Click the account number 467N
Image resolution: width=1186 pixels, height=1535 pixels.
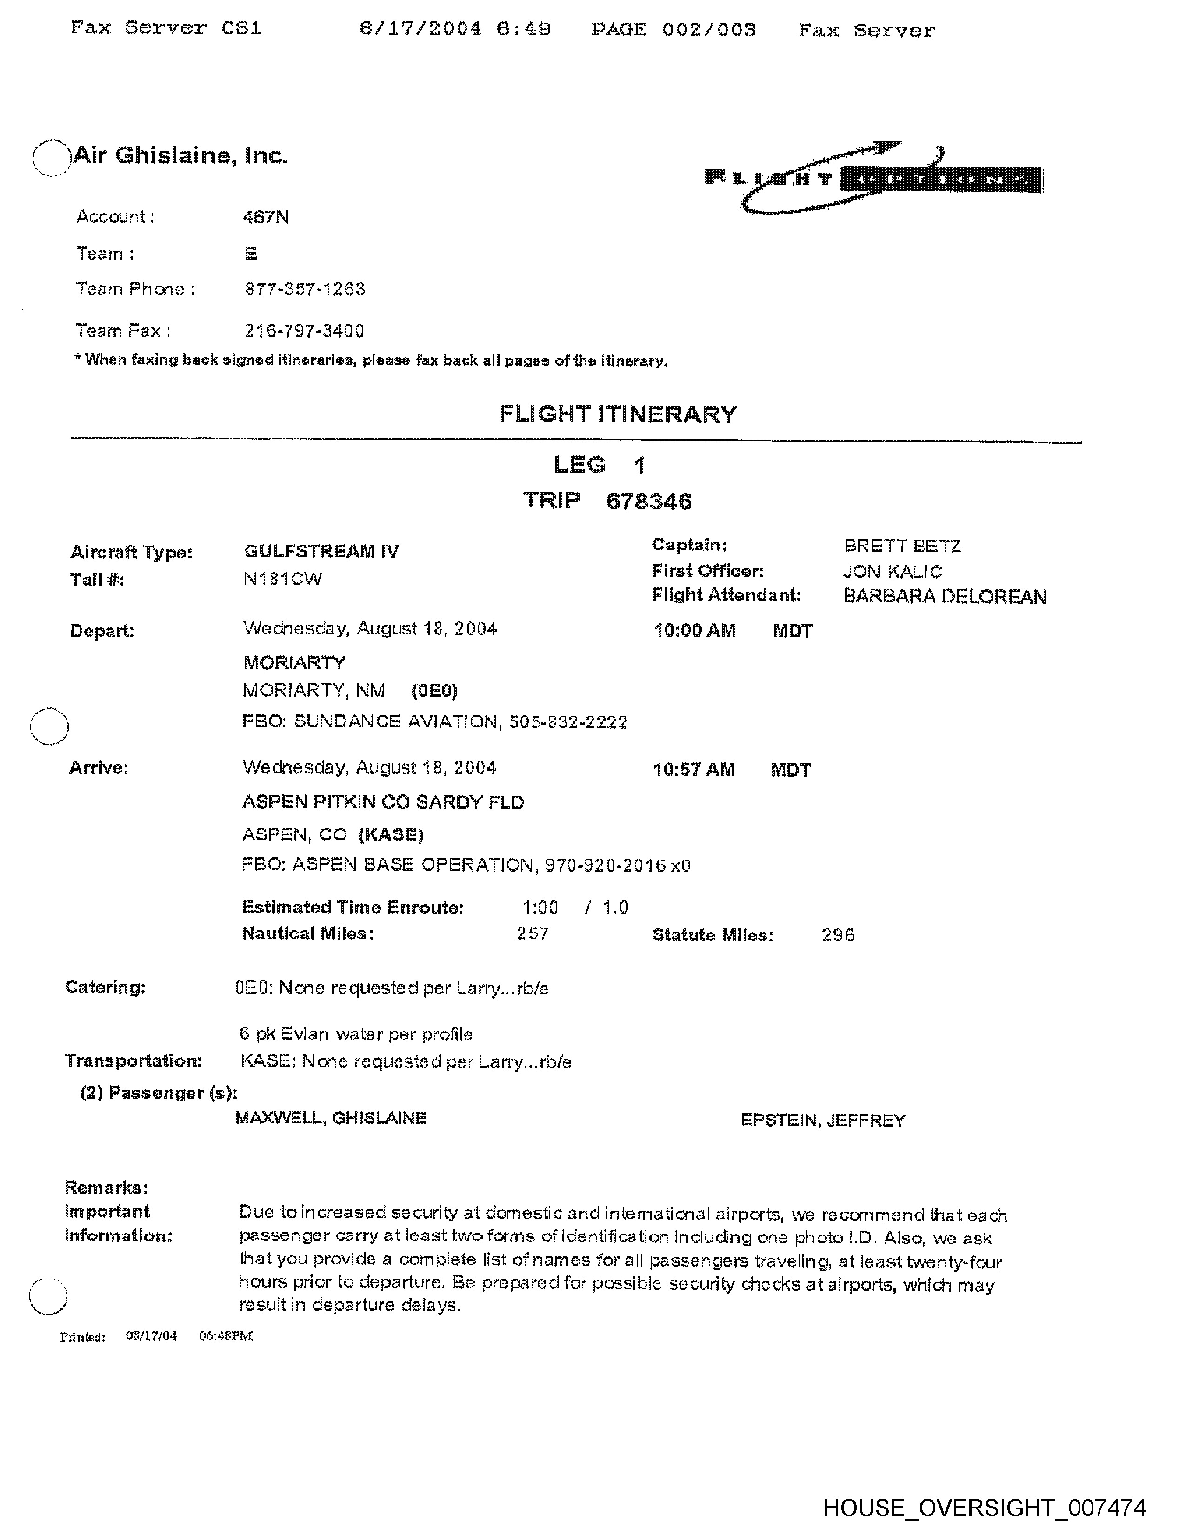(266, 217)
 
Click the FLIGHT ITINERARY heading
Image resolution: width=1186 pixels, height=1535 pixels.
(618, 414)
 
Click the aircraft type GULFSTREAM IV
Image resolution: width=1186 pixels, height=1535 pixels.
(321, 551)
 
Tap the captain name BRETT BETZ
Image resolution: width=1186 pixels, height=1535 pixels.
(902, 546)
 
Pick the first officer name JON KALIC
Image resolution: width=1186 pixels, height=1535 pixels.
(893, 571)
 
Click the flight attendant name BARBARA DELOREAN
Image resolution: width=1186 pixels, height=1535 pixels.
(944, 597)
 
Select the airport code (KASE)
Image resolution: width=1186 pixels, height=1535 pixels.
(391, 834)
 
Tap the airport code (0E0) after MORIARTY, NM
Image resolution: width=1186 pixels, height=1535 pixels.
(434, 691)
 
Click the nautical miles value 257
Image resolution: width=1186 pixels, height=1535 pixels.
(533, 934)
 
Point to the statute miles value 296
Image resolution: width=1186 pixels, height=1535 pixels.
(838, 935)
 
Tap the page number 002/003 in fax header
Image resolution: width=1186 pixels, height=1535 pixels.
(709, 29)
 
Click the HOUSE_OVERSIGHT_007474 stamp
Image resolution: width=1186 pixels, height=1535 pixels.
(984, 1508)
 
